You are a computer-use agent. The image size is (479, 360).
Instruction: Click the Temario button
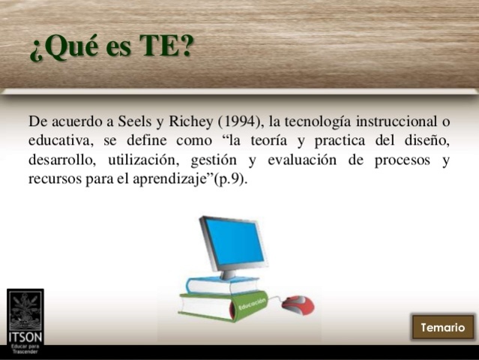pos(442,328)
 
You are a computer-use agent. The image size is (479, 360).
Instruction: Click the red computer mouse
pos(298,304)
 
